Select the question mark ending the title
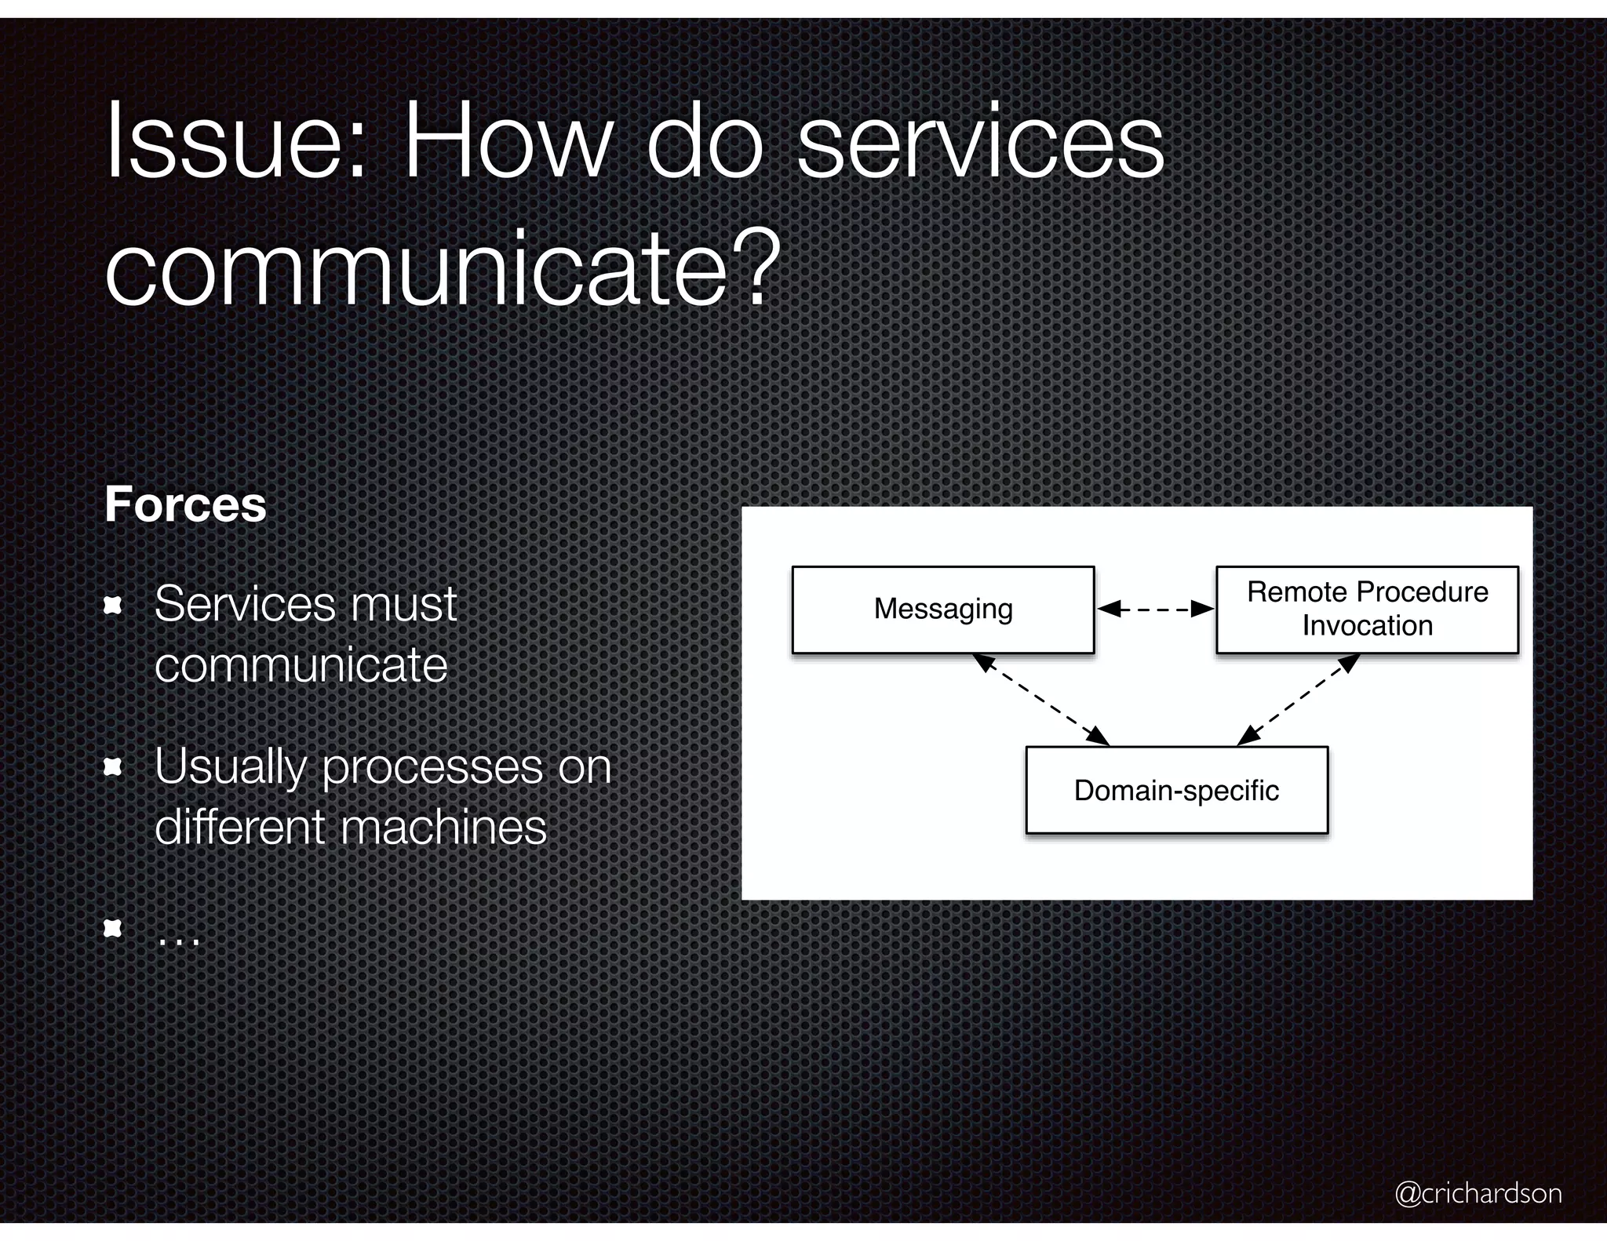coord(759,267)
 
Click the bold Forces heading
coord(186,504)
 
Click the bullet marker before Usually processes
coord(114,766)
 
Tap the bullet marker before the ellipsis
coord(114,929)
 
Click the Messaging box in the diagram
coord(943,610)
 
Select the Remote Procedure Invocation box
coord(1367,610)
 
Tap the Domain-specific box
coord(1176,790)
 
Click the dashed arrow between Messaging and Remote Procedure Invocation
coord(1155,609)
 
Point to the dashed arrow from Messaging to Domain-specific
coord(1041,699)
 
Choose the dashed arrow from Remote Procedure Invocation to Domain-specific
coord(1298,699)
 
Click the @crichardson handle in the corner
coord(1478,1193)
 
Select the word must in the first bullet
coord(403,604)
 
